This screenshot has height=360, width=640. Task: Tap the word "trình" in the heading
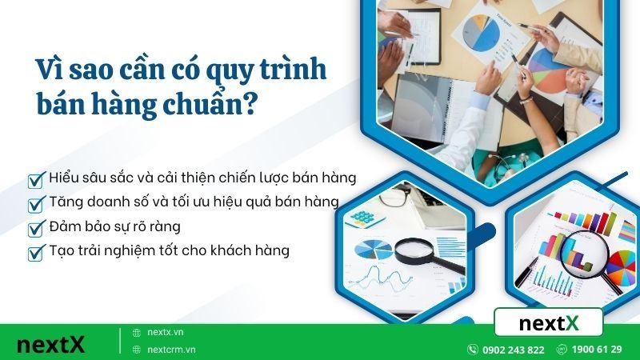click(x=290, y=70)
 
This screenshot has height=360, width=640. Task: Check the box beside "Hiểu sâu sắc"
click(x=35, y=178)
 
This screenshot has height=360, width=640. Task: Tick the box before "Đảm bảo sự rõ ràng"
click(x=35, y=228)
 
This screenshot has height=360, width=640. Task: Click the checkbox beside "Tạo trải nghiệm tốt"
click(x=35, y=253)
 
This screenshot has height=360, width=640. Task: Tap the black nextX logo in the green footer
click(x=50, y=346)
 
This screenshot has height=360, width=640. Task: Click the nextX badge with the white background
click(x=548, y=323)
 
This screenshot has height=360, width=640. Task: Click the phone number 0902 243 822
click(x=514, y=350)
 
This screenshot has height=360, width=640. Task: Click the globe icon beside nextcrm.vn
click(x=136, y=350)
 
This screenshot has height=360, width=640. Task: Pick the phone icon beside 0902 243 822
click(x=473, y=350)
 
